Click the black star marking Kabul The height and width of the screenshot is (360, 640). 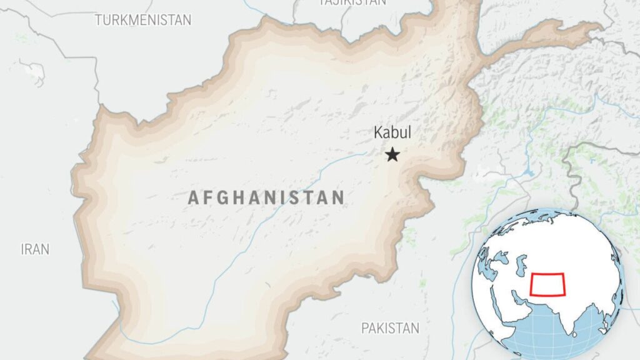click(392, 154)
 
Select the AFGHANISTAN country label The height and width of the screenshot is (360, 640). click(266, 198)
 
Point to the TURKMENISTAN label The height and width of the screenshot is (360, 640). click(143, 20)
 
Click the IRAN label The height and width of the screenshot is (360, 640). click(35, 249)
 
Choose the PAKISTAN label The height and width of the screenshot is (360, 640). click(391, 327)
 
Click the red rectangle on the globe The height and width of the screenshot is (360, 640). click(547, 284)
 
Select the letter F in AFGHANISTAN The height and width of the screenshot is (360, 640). click(207, 198)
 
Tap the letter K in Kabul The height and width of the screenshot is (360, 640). click(377, 132)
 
